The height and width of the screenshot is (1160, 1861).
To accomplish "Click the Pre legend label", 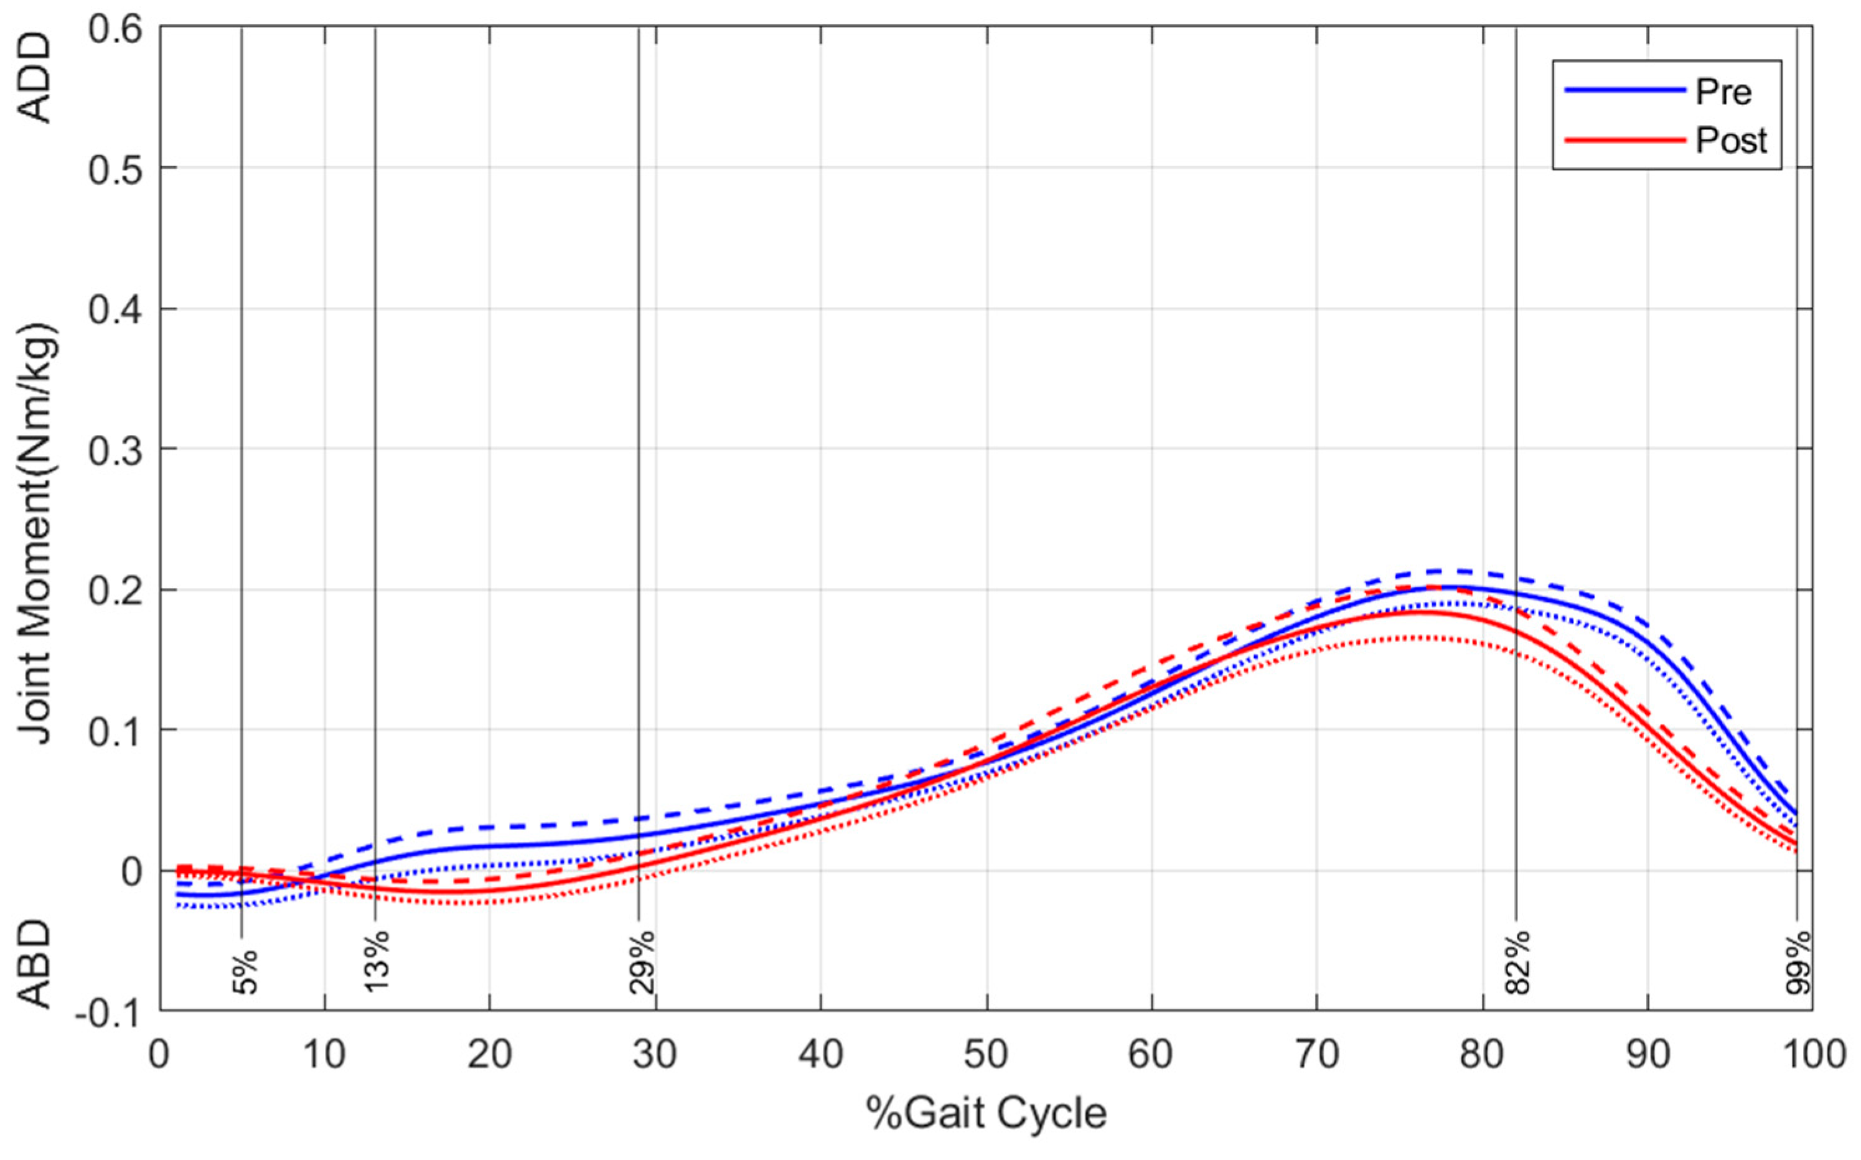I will pyautogui.click(x=1723, y=93).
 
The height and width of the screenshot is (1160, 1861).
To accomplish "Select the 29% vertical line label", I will pyautogui.click(x=642, y=961).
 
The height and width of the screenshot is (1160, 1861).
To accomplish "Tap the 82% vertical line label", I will pyautogui.click(x=1518, y=962).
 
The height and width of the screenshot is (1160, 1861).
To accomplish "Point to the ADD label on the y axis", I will pyautogui.click(x=34, y=77).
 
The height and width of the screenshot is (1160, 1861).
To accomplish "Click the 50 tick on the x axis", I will pyautogui.click(x=987, y=1055).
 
